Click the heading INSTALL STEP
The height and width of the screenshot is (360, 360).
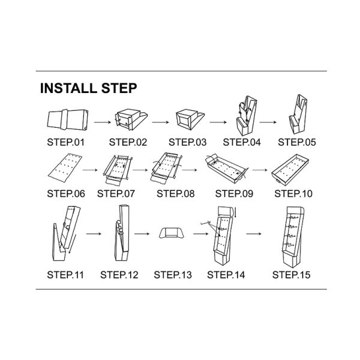(88, 89)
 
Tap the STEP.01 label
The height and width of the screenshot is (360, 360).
(66, 143)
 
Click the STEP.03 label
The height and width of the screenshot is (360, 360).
(188, 143)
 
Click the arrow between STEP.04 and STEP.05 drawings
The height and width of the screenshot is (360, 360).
(268, 122)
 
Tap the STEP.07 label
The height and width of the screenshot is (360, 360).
(116, 194)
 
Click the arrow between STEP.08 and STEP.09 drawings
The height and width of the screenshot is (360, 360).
(191, 170)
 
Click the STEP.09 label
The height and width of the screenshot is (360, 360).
(235, 194)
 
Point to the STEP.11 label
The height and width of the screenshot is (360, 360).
(66, 275)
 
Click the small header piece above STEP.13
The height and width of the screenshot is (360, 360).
(172, 234)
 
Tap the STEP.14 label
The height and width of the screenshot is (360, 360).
(226, 275)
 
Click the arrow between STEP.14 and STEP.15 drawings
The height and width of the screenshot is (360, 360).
(257, 233)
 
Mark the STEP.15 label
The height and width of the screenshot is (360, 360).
(292, 275)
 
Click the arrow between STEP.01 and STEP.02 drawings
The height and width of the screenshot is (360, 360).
(103, 122)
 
